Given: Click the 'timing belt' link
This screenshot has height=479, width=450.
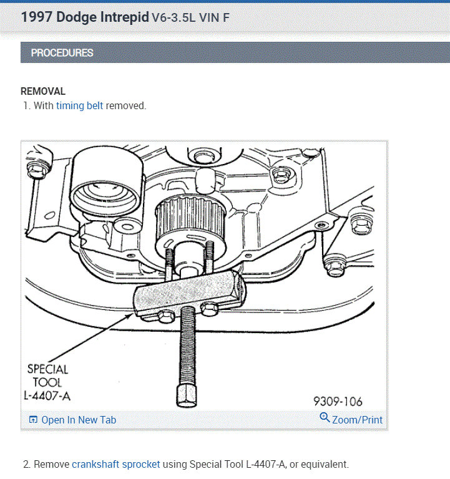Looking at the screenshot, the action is pos(79,105).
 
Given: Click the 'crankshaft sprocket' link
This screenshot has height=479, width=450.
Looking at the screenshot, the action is pos(116,464).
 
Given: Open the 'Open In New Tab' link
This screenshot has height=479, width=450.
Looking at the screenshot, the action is pos(79,420).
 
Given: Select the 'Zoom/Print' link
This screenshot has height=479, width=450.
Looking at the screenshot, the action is pos(357,420).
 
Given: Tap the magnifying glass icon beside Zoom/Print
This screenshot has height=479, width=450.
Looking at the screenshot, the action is pos(325,417).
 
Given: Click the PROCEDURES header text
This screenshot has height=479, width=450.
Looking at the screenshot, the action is pos(62,53).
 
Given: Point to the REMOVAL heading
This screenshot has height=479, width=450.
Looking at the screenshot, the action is pos(43,91).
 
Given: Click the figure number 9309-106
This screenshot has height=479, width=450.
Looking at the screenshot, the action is pos(338,402).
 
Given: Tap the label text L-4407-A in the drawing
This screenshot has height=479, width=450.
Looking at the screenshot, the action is pos(47,396).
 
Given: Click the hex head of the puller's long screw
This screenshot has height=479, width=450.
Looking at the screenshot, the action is pos(187,395).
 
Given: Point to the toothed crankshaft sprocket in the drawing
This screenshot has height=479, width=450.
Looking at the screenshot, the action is pos(191,221).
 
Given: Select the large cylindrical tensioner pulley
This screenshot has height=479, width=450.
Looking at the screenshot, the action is pos(107,183).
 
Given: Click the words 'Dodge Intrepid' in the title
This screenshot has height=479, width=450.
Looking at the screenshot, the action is pos(103,17).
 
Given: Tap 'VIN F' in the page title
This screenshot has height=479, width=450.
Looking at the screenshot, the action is pos(214,18).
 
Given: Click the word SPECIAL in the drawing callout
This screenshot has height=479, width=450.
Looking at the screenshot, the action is pos(47,369).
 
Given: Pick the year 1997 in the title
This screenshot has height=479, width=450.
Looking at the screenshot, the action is pos(37,17).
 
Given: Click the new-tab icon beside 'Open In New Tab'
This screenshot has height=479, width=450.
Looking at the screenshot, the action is pos(33,420).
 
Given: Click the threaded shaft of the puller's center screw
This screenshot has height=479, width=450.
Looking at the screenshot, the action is pos(187,346).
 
